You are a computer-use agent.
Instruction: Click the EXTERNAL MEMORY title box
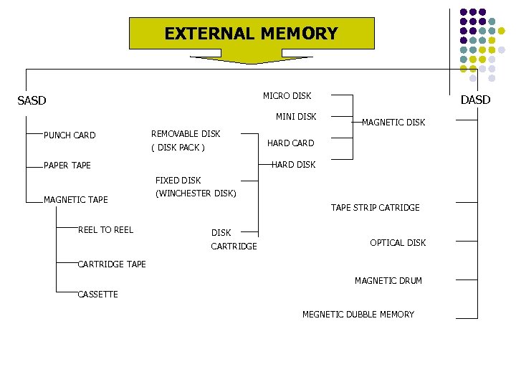251,34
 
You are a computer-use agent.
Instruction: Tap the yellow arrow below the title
251,59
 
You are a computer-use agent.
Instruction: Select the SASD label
32,100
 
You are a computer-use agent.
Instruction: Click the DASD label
475,100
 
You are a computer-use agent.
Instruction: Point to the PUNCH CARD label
70,135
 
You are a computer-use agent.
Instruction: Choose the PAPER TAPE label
67,166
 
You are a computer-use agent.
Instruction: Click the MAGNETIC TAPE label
76,200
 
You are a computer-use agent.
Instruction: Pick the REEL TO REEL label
105,229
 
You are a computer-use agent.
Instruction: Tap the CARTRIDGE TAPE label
112,264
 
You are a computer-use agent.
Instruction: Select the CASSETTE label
97,295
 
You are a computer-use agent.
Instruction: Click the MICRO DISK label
287,96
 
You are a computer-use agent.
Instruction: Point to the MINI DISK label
296,117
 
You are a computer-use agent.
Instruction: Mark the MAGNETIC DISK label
393,123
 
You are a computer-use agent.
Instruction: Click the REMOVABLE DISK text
186,134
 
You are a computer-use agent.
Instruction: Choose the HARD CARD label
291,143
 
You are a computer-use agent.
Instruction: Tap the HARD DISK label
293,165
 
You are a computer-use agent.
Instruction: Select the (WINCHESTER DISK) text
196,193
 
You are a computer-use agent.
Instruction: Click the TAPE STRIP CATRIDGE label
376,208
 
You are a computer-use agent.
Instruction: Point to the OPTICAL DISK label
398,243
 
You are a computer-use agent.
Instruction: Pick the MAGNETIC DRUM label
388,281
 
